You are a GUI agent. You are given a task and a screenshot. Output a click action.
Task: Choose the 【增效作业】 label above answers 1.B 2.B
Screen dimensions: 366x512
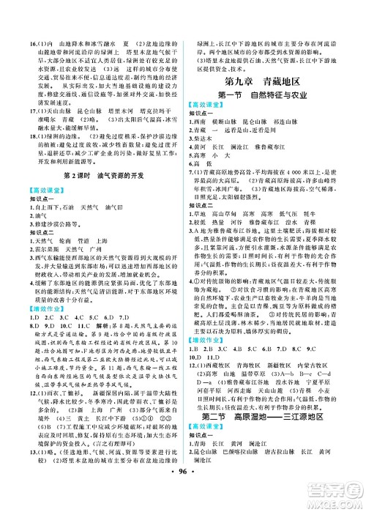coord(217,341)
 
